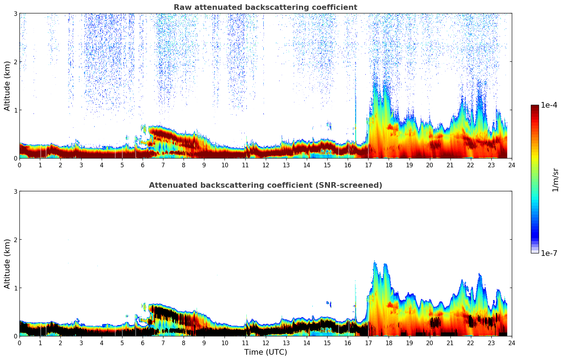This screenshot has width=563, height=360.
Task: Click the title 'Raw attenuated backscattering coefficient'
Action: point(265,7)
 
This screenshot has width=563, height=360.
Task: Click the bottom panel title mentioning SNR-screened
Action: point(265,185)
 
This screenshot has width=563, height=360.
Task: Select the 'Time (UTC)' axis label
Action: point(265,352)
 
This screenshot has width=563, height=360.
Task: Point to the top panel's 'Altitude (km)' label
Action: point(7,86)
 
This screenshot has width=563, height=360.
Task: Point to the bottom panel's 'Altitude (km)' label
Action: point(7,264)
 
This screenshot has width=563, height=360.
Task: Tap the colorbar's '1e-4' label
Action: point(549,105)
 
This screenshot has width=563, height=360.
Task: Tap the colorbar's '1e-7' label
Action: point(549,253)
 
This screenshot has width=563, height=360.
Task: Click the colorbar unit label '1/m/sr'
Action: point(555,180)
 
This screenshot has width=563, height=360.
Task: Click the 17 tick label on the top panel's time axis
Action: point(368,165)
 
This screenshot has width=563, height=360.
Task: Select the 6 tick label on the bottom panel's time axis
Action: point(143,343)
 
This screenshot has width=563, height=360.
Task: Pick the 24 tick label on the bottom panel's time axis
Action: point(512,343)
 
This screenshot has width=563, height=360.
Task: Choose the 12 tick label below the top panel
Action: point(266,165)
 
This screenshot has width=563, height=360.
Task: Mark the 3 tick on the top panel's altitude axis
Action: point(16,13)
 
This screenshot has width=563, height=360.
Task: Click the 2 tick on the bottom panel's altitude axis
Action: point(16,240)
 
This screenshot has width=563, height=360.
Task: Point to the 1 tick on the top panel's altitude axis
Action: point(16,110)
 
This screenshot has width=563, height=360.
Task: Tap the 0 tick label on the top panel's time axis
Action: point(19,165)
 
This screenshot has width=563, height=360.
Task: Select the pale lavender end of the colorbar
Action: point(535,251)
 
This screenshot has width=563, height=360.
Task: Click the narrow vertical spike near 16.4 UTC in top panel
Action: point(355,106)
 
